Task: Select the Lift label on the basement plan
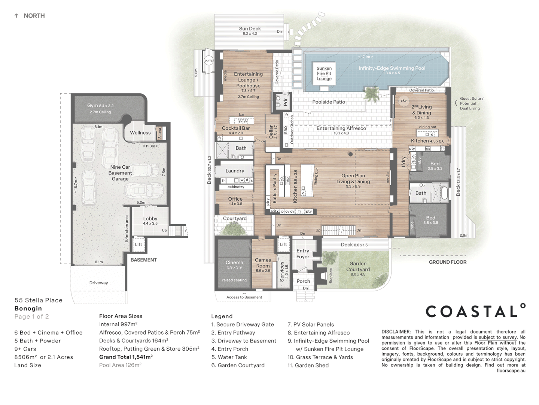(x=138, y=244)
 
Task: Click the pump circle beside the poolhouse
(x=208, y=60)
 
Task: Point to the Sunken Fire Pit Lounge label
(x=324, y=73)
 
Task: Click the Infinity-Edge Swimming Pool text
(x=392, y=68)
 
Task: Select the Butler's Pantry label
(x=275, y=189)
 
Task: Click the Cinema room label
(x=234, y=262)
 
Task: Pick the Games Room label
(x=263, y=262)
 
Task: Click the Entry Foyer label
(x=303, y=253)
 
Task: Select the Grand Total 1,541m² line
(x=126, y=357)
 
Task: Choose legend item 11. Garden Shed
(x=308, y=365)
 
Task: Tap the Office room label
(x=235, y=199)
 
